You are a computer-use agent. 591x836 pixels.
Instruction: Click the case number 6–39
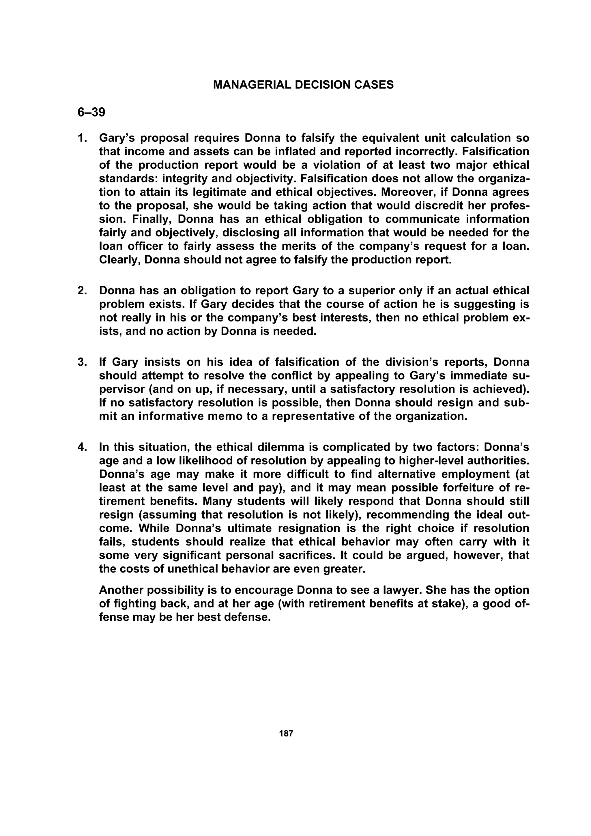click(91, 112)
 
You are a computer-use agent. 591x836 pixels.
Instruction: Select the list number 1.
click(82, 138)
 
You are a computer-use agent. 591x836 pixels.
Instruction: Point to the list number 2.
click(82, 291)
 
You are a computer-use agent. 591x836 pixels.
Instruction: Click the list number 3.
click(82, 362)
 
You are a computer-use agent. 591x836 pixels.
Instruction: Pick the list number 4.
click(82, 447)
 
